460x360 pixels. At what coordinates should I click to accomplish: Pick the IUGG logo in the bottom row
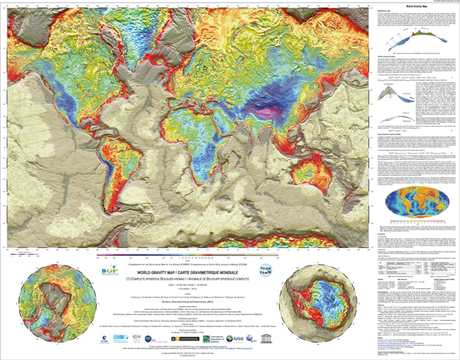tap(234, 339)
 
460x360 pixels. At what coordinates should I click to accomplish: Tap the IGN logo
tap(137, 339)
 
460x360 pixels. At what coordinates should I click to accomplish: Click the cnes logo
tap(105, 339)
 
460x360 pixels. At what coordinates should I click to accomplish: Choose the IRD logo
tap(121, 339)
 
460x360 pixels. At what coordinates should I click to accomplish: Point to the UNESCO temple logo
tap(266, 338)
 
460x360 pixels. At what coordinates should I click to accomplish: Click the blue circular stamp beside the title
tap(264, 269)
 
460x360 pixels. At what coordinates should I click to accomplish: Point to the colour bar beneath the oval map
tap(417, 221)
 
